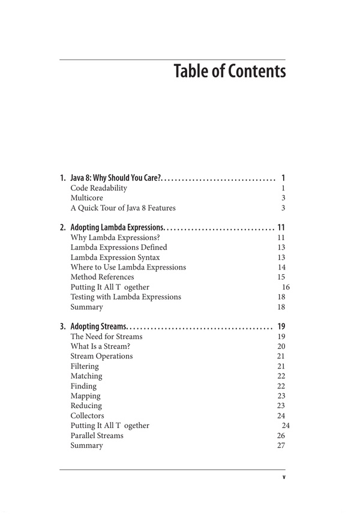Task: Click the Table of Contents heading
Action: tap(229, 71)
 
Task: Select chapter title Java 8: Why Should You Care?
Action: tap(116, 178)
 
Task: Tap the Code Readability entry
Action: tap(99, 188)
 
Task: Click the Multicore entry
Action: tap(87, 198)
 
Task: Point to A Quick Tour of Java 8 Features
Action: tap(123, 208)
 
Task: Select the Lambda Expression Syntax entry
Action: tap(115, 257)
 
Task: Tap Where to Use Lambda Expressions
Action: tap(128, 267)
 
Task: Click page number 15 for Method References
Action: tap(281, 277)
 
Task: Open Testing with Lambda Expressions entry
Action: tap(125, 297)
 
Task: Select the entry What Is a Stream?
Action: tap(100, 346)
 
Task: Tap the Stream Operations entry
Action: tap(101, 356)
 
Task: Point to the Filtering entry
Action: tap(85, 366)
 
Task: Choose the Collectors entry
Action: tap(87, 415)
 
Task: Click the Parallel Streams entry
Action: tap(97, 435)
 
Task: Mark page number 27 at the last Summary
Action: tap(281, 445)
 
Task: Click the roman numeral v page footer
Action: tap(283, 478)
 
